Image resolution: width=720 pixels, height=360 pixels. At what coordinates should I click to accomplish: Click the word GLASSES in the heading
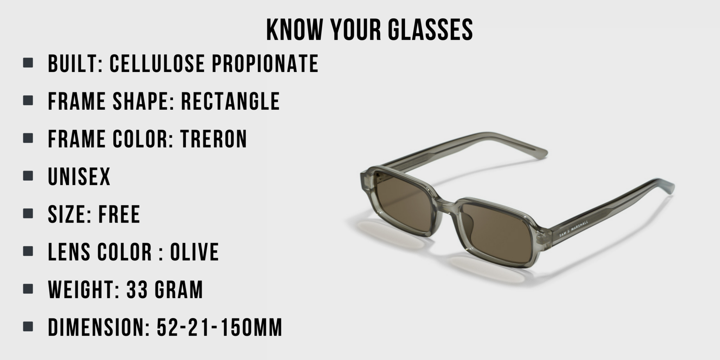click(x=430, y=30)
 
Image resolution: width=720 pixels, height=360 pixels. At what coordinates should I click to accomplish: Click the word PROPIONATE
click(x=265, y=64)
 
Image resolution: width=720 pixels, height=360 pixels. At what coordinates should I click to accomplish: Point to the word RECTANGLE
click(x=230, y=101)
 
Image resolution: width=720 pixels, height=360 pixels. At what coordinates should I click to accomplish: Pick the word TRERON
click(x=214, y=139)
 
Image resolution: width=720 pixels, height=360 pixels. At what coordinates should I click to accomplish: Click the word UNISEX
click(x=79, y=176)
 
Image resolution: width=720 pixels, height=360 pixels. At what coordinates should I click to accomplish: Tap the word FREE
click(x=119, y=214)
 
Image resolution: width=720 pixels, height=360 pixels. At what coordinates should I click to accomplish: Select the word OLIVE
click(x=194, y=252)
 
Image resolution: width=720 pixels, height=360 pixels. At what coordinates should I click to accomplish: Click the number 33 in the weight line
click(x=136, y=290)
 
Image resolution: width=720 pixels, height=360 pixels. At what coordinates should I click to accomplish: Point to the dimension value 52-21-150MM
click(x=219, y=327)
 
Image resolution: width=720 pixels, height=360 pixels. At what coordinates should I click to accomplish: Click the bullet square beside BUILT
click(x=28, y=63)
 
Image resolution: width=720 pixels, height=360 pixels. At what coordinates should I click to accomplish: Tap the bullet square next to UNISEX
click(x=28, y=176)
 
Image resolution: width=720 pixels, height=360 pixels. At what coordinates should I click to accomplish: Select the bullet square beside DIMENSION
click(x=28, y=327)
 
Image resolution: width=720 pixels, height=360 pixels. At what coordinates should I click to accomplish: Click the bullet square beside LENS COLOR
click(x=28, y=251)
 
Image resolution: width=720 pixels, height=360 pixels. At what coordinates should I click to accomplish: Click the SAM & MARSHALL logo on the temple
click(x=573, y=229)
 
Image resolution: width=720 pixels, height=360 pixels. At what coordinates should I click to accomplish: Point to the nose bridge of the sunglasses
click(x=446, y=207)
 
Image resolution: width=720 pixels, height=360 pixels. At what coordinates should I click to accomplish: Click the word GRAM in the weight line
click(x=179, y=290)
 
